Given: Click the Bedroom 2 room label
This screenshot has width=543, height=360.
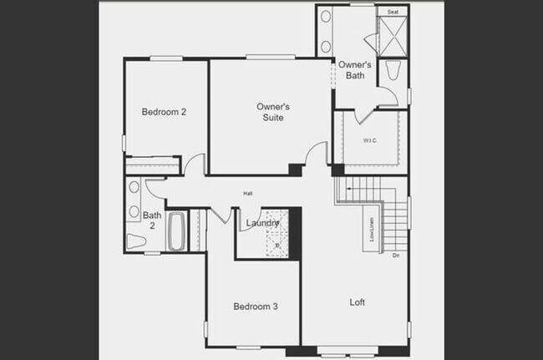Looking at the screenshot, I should pyautogui.click(x=164, y=112).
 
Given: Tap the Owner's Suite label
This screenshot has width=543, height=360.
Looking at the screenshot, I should pyautogui.click(x=272, y=112).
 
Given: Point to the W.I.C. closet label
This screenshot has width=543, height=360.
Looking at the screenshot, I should pyautogui.click(x=371, y=140).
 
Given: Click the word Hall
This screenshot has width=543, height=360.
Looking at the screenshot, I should pyautogui.click(x=248, y=194).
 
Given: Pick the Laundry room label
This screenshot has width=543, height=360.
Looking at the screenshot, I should pyautogui.click(x=262, y=222).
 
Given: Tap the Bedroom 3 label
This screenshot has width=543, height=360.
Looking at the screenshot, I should pyautogui.click(x=255, y=307).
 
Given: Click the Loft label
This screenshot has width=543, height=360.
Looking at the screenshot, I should pyautogui.click(x=357, y=302).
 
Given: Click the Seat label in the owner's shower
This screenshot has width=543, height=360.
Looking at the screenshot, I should pyautogui.click(x=393, y=13).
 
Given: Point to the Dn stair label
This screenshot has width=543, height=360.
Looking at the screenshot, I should pyautogui.click(x=396, y=256).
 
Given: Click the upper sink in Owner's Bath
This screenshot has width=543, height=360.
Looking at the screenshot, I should pyautogui.click(x=325, y=18).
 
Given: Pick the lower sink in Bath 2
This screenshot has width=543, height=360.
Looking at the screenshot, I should pyautogui.click(x=134, y=212).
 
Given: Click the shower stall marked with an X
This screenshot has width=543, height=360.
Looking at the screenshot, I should pyautogui.click(x=392, y=36).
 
